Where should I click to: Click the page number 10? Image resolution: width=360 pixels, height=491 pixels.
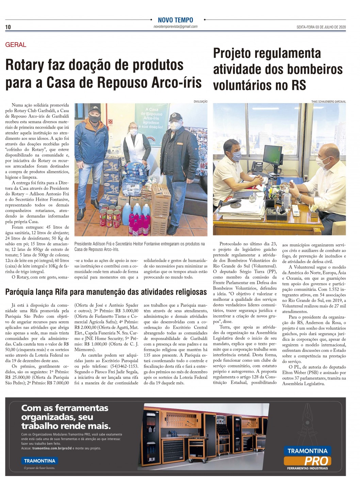(8, 27)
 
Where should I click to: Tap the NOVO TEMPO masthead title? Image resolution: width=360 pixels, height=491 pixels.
(175, 20)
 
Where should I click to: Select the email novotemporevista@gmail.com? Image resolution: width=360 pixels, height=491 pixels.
(175, 27)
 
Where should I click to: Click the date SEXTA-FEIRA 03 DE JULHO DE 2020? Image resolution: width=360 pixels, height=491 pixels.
(321, 27)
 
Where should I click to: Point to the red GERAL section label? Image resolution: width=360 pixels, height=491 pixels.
(16, 45)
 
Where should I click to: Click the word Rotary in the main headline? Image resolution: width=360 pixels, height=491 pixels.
(25, 65)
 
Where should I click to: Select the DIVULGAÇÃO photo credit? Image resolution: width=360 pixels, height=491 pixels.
(200, 101)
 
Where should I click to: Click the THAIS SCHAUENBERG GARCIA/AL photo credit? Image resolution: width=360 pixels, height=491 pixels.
(328, 101)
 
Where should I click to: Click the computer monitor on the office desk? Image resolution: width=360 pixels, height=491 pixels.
(273, 155)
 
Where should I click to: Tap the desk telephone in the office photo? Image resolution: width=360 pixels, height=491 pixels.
(258, 167)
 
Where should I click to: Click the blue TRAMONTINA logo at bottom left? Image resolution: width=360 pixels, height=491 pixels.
(40, 461)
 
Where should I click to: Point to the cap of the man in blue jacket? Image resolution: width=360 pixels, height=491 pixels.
(95, 110)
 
